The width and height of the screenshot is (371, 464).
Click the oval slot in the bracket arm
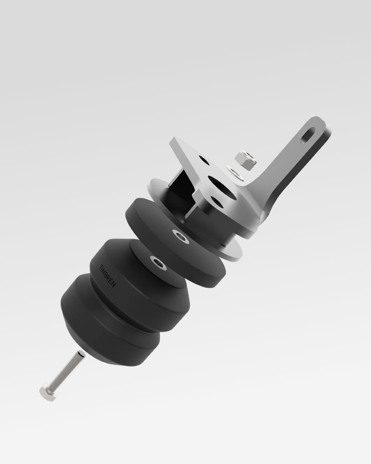pyautogui.click(x=309, y=135)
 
